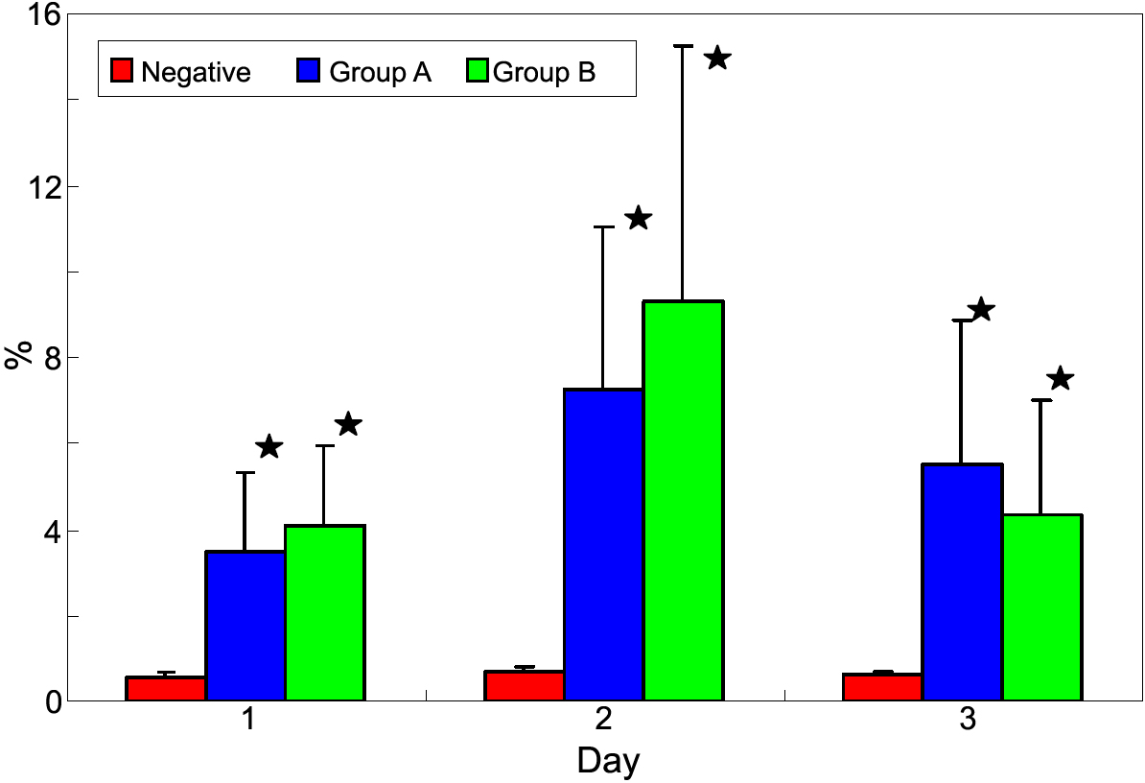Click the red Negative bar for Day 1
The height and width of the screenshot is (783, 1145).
click(166, 689)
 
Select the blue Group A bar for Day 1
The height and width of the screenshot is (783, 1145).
click(245, 626)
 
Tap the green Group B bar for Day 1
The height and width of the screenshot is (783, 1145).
click(325, 613)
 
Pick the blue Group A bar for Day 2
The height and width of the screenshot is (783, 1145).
click(603, 544)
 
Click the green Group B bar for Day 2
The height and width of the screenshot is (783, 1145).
click(683, 500)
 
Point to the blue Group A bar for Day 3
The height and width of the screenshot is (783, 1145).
click(963, 581)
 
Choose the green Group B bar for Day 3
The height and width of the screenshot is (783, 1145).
click(1042, 607)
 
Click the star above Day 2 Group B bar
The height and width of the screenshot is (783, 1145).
click(717, 59)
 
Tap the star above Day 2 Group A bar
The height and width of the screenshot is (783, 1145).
click(639, 219)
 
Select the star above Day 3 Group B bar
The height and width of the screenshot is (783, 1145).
click(1060, 378)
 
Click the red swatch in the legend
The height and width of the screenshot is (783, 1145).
click(122, 70)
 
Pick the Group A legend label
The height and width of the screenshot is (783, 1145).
click(380, 72)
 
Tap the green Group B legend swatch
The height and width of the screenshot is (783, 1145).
click(477, 70)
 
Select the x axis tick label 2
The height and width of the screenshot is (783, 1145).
click(607, 722)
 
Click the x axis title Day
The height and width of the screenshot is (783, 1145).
click(608, 761)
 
